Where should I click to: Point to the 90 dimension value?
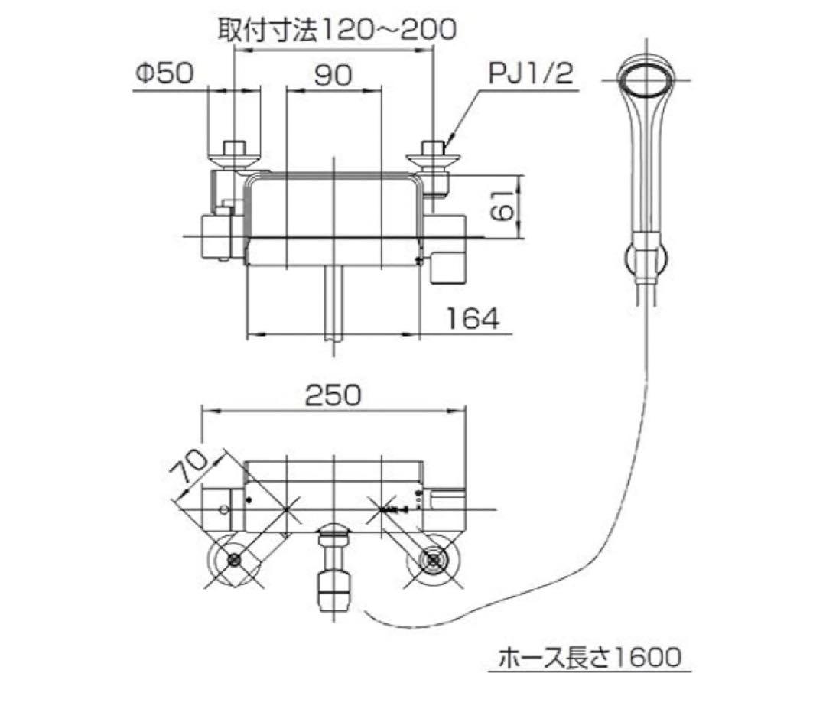332,74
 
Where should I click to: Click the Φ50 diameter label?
164,74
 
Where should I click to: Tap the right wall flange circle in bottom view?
434,561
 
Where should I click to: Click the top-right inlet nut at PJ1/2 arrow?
434,153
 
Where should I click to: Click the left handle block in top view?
216,236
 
